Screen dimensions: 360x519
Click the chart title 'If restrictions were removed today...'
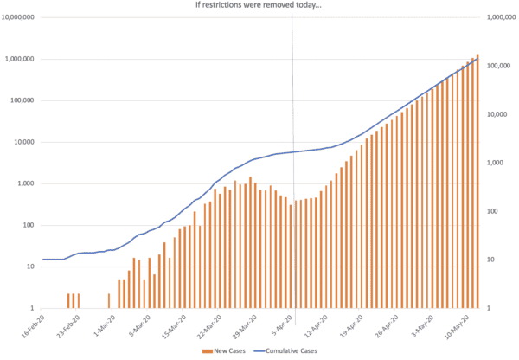click(259, 6)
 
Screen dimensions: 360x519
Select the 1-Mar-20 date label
click(105, 325)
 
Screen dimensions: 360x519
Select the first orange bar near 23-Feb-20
click(68, 300)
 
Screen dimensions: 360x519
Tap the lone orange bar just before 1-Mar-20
click(109, 300)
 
